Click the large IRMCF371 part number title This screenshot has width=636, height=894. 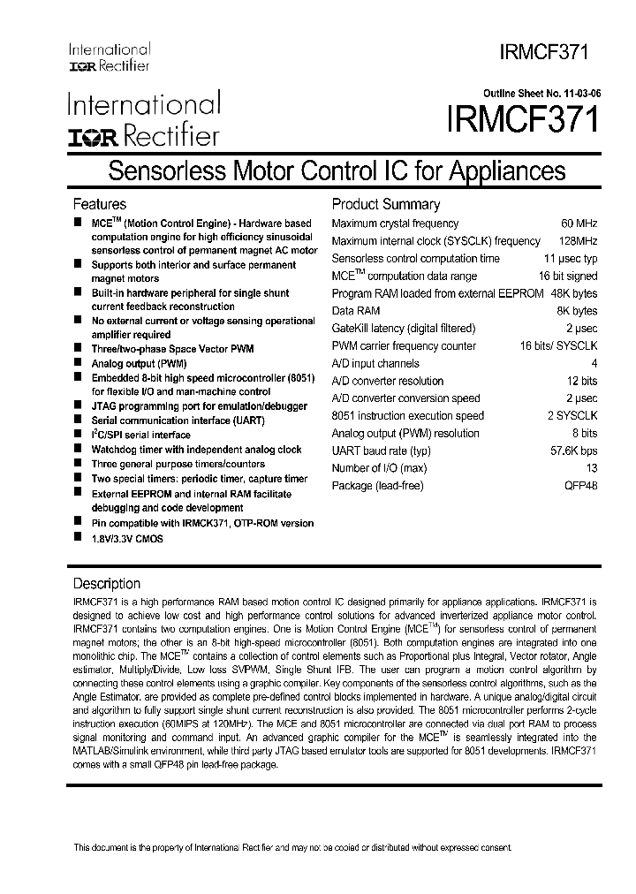(x=522, y=120)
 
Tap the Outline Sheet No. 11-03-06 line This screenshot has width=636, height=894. (x=541, y=93)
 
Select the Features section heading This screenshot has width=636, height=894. (x=99, y=204)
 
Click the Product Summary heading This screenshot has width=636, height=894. (x=385, y=204)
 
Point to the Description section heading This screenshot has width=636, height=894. (x=106, y=583)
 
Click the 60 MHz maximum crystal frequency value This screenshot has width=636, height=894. (x=579, y=223)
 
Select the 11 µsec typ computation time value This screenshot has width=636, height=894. (x=570, y=259)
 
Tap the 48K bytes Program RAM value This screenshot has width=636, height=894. (x=573, y=293)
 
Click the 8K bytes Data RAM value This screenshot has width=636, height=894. (x=576, y=311)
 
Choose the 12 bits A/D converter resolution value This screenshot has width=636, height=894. (x=580, y=381)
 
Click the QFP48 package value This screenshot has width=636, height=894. (x=580, y=486)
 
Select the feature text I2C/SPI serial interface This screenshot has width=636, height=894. (x=140, y=435)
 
